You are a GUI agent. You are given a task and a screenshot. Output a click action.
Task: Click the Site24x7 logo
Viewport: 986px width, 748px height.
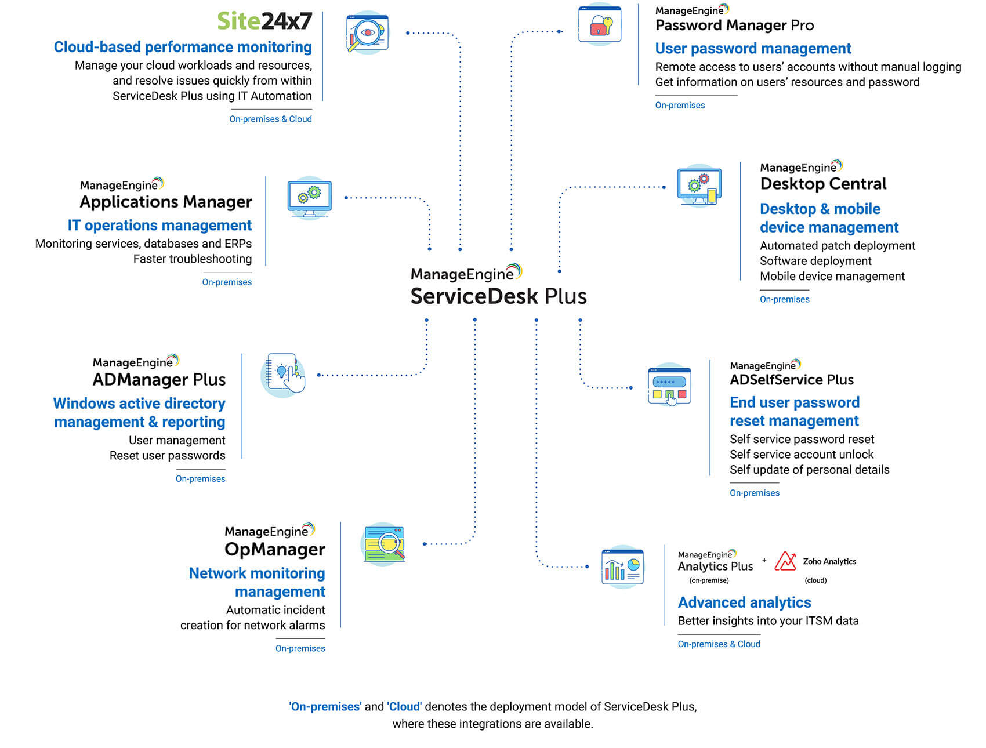(264, 21)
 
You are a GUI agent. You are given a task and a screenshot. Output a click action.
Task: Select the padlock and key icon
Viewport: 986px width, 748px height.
(600, 25)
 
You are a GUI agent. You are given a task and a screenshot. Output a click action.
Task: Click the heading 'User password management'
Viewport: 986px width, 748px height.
(753, 48)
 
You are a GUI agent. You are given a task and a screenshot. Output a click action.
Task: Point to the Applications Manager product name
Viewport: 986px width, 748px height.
(166, 202)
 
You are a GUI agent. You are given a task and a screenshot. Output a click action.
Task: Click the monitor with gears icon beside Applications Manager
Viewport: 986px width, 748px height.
(309, 198)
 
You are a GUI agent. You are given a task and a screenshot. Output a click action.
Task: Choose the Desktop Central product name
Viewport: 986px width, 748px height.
(823, 184)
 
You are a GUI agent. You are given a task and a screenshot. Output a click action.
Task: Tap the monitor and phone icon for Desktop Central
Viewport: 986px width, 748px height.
(699, 186)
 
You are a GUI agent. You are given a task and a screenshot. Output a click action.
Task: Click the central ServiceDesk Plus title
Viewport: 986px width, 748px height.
(498, 296)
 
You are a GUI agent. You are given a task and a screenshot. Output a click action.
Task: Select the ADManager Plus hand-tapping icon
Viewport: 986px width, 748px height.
(284, 374)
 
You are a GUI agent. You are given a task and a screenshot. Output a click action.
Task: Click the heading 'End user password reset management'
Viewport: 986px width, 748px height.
(794, 411)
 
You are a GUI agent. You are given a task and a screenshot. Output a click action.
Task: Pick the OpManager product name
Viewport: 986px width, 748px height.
(275, 549)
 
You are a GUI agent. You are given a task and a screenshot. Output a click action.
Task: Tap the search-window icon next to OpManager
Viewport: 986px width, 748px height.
(383, 544)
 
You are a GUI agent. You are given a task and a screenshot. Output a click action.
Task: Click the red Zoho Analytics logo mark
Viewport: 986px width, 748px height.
(785, 561)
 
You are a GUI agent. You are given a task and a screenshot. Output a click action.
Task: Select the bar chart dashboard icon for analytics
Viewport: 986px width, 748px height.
(622, 567)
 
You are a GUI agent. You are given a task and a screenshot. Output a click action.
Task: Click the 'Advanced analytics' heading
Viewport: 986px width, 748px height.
(744, 602)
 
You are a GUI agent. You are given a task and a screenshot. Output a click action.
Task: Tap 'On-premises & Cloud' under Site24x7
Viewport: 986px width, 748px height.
(270, 119)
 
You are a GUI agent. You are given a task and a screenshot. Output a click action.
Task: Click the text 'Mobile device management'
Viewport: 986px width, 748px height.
(832, 276)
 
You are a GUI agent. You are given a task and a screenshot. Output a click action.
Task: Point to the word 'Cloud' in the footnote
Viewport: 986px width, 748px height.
(404, 706)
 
